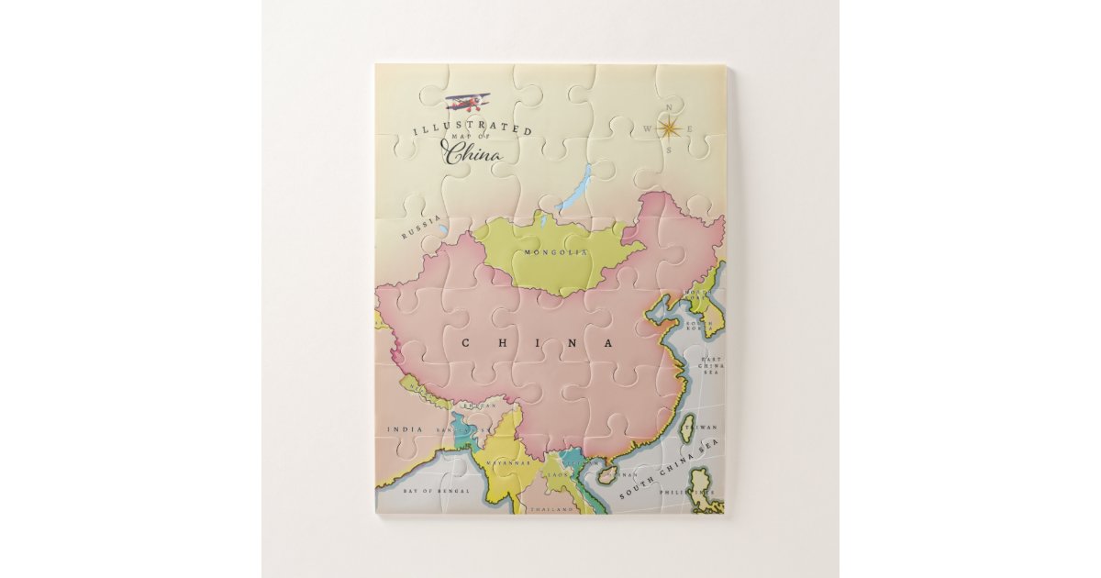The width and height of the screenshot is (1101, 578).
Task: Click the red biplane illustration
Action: coord(468,101)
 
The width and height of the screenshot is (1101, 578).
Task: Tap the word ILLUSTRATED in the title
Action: coord(472,129)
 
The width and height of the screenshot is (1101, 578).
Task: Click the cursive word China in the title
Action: coord(473,152)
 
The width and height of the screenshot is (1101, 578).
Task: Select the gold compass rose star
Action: coord(671,129)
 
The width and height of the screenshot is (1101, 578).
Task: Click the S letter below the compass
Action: coord(671,150)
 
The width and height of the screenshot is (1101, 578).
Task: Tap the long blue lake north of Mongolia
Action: coord(574,188)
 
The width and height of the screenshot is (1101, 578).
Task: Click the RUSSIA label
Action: coord(421,226)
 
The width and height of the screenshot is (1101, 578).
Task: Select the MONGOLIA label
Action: coord(554,251)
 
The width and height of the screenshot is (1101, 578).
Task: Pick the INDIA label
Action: coord(405,428)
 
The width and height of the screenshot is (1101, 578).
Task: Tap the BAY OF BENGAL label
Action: coord(437,491)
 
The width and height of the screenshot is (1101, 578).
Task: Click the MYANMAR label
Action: coord(509,463)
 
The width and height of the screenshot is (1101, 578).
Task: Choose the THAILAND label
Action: coord(552,507)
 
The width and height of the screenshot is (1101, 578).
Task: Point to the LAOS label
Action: coord(557,473)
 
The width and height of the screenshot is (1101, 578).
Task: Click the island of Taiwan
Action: coord(686,428)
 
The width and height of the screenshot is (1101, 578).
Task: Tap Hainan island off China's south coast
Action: coord(606,474)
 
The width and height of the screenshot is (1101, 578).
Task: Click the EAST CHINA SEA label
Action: coord(712,365)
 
